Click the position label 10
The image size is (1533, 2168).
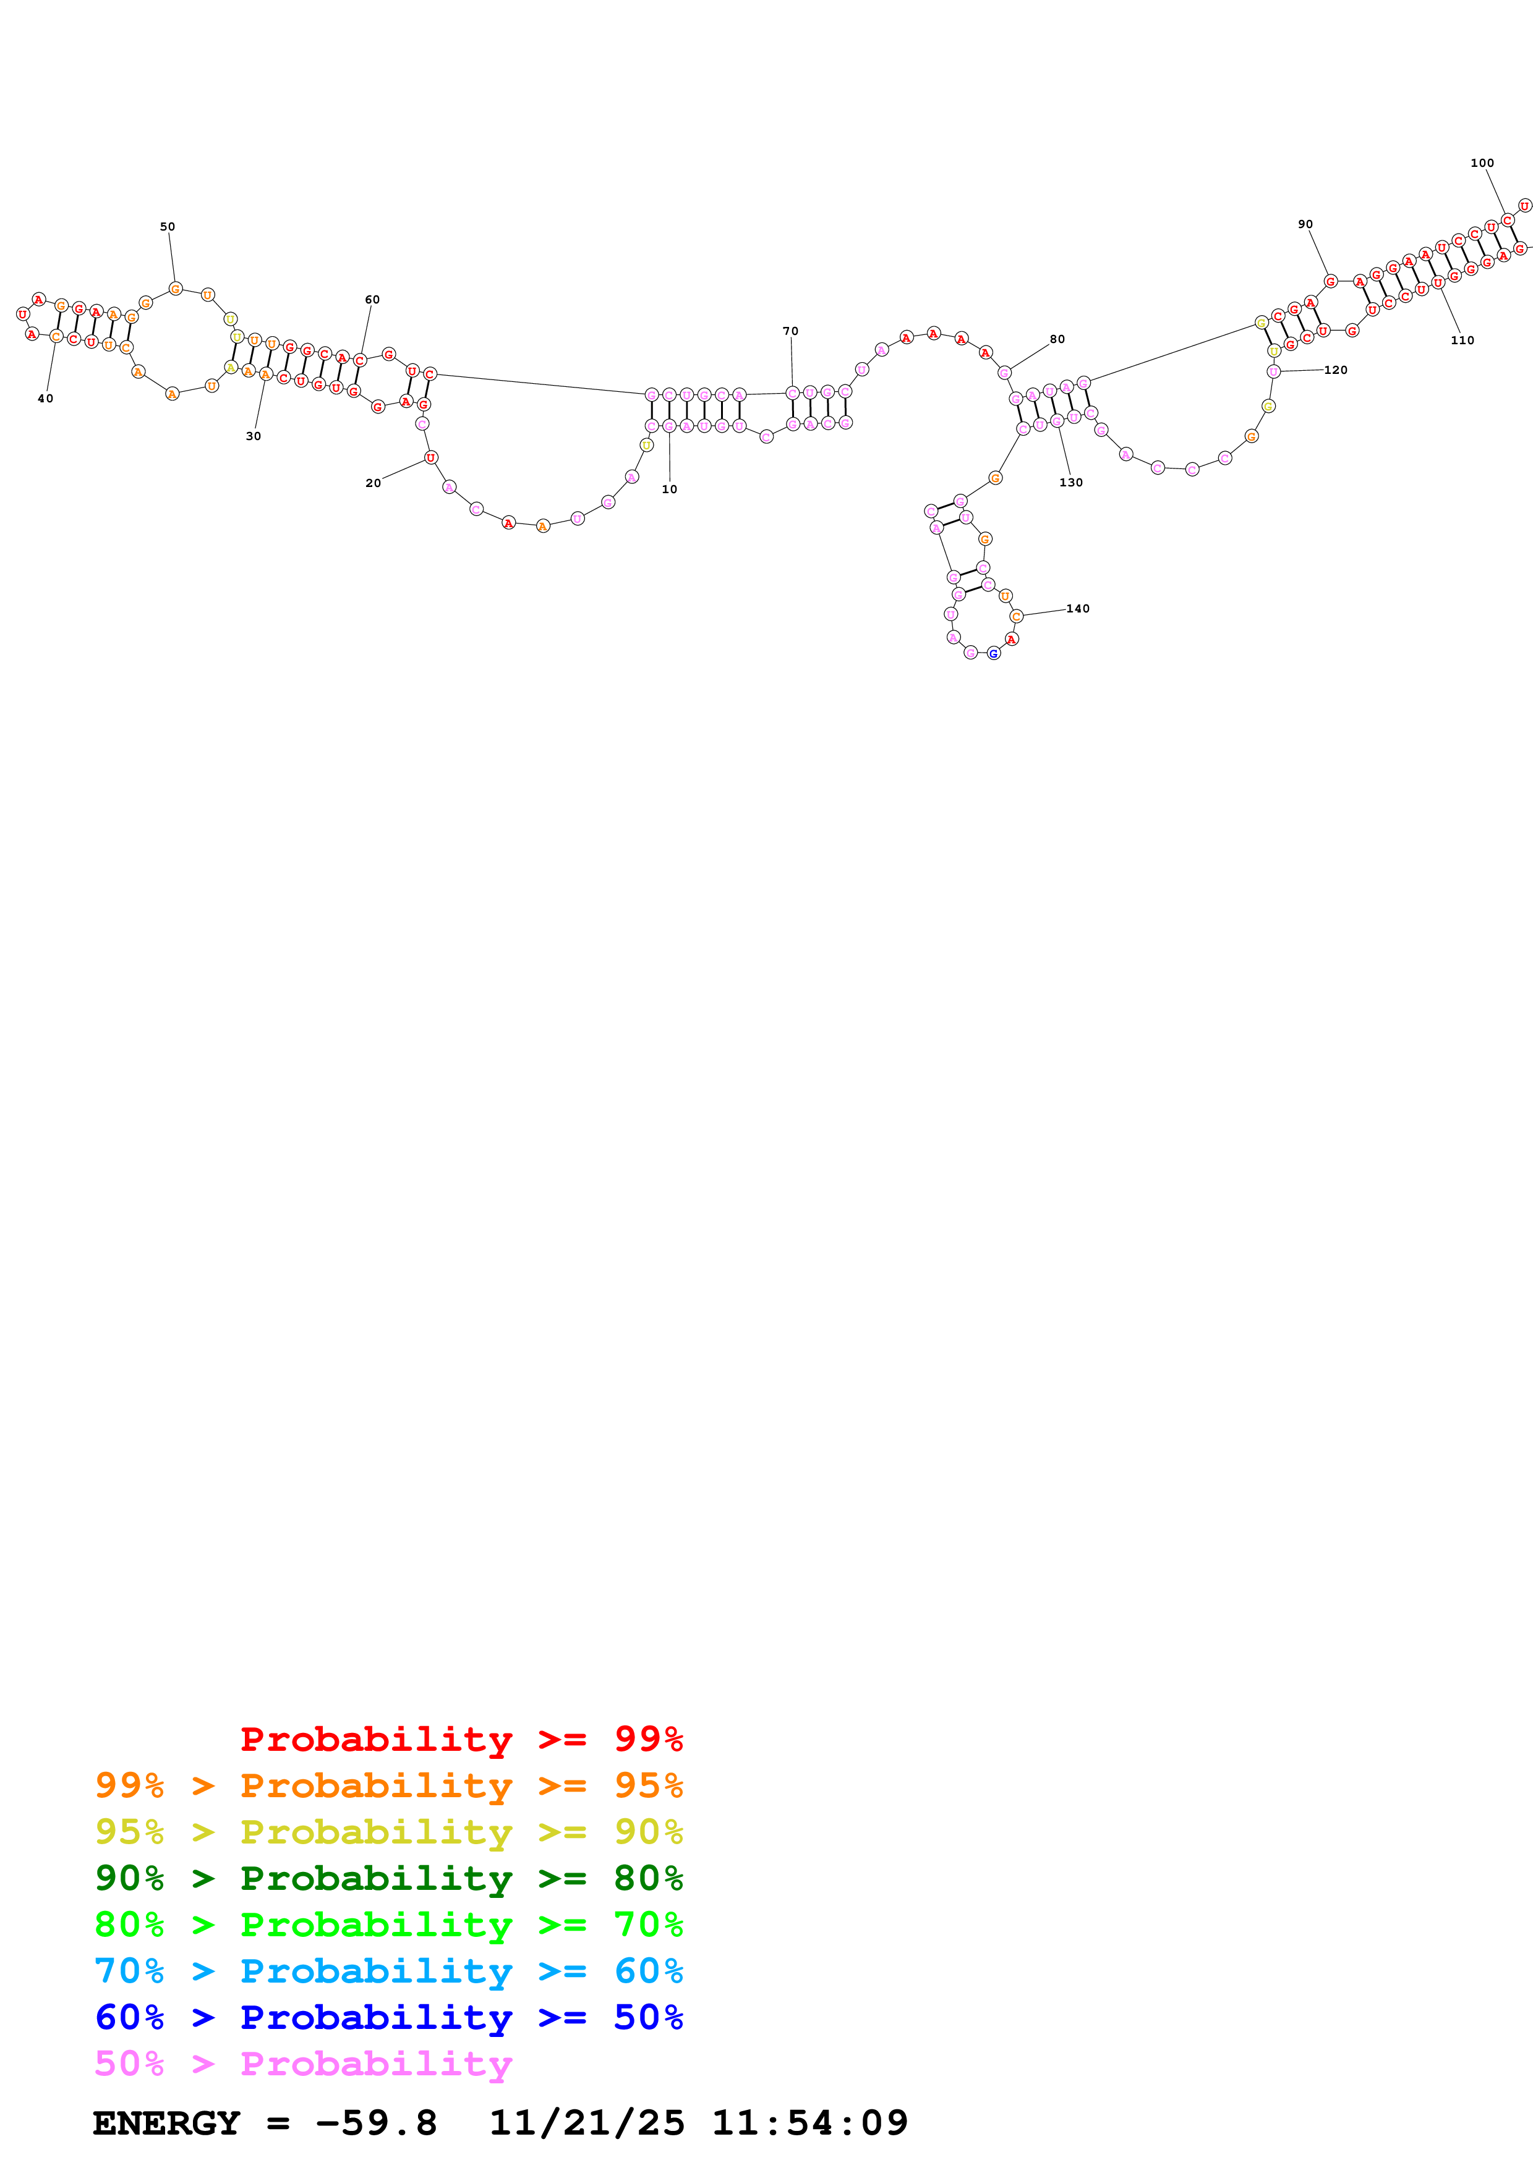pyautogui.click(x=668, y=489)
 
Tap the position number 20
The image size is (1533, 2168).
pyautogui.click(x=373, y=483)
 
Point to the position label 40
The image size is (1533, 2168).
pyautogui.click(x=45, y=399)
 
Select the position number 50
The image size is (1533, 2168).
pyautogui.click(x=167, y=227)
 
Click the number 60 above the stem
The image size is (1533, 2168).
pyautogui.click(x=372, y=299)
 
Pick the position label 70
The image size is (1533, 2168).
pyautogui.click(x=790, y=331)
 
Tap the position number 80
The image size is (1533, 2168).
pyautogui.click(x=1057, y=339)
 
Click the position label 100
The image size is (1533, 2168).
pyautogui.click(x=1482, y=163)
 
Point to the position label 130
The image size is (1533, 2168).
pyautogui.click(x=1071, y=483)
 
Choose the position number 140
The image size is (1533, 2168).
pyautogui.click(x=1078, y=608)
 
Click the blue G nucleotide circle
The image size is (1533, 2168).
pyautogui.click(x=994, y=653)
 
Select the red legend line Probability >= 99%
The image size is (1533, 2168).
pyautogui.click(x=461, y=1738)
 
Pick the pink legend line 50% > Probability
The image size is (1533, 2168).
pyautogui.click(x=303, y=2063)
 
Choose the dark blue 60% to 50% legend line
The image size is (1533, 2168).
pyautogui.click(x=388, y=2017)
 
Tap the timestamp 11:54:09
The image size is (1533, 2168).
pyautogui.click(x=809, y=2123)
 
